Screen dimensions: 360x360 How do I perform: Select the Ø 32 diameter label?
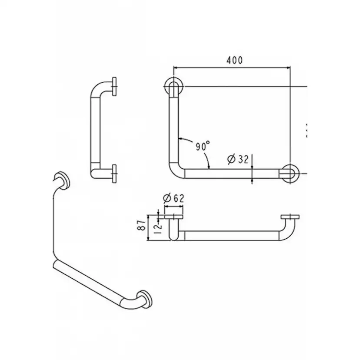pyautogui.click(x=238, y=160)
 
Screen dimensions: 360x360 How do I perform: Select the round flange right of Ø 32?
pyautogui.click(x=289, y=173)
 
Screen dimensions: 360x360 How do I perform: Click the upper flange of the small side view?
pyautogui.click(x=115, y=87)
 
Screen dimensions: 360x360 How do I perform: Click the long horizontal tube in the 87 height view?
pyautogui.click(x=230, y=235)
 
